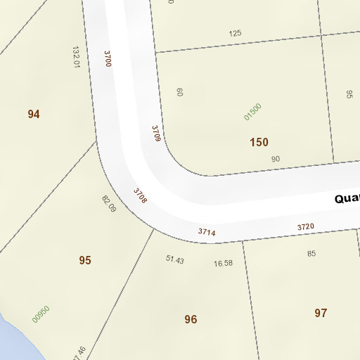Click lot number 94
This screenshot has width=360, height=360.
coord(34,114)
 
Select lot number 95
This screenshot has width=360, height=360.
coord(85,260)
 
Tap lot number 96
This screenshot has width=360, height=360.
coord(191,319)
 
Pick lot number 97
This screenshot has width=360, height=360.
coord(321,313)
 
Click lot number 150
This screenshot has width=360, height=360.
coord(259,142)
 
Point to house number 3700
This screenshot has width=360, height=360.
coord(108,58)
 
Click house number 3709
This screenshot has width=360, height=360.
coord(157,134)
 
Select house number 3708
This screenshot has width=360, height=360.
coord(141,195)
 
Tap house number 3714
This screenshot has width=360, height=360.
coord(207,231)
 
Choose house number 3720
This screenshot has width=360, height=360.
coord(305,226)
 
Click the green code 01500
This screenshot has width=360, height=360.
coord(252,112)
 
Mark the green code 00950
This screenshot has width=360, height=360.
coord(41,314)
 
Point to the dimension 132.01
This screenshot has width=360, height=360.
coord(76,58)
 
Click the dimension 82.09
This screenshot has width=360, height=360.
coord(109,204)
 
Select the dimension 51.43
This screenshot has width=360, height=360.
coord(174,260)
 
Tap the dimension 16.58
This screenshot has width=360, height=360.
coord(223,263)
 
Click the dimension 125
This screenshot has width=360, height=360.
coord(235,33)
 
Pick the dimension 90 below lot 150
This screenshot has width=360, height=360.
coord(275,159)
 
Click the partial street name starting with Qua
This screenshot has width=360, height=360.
coord(347,199)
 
